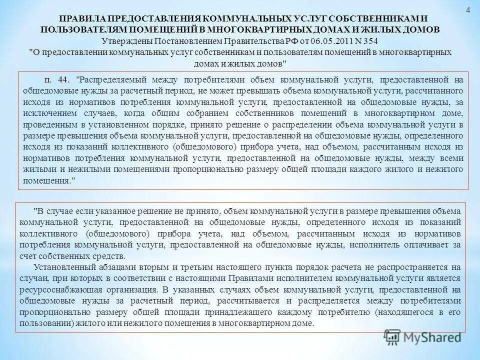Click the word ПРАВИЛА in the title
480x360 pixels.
tap(88, 18)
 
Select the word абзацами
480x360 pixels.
tap(98, 267)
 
